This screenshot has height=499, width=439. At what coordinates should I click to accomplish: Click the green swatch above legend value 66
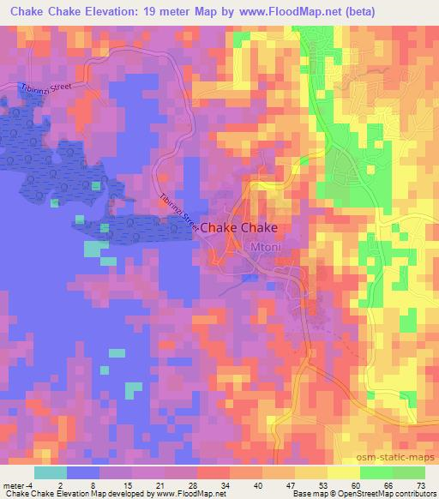coord(388,473)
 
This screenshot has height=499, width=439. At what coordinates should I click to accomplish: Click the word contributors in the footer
coord(410,494)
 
